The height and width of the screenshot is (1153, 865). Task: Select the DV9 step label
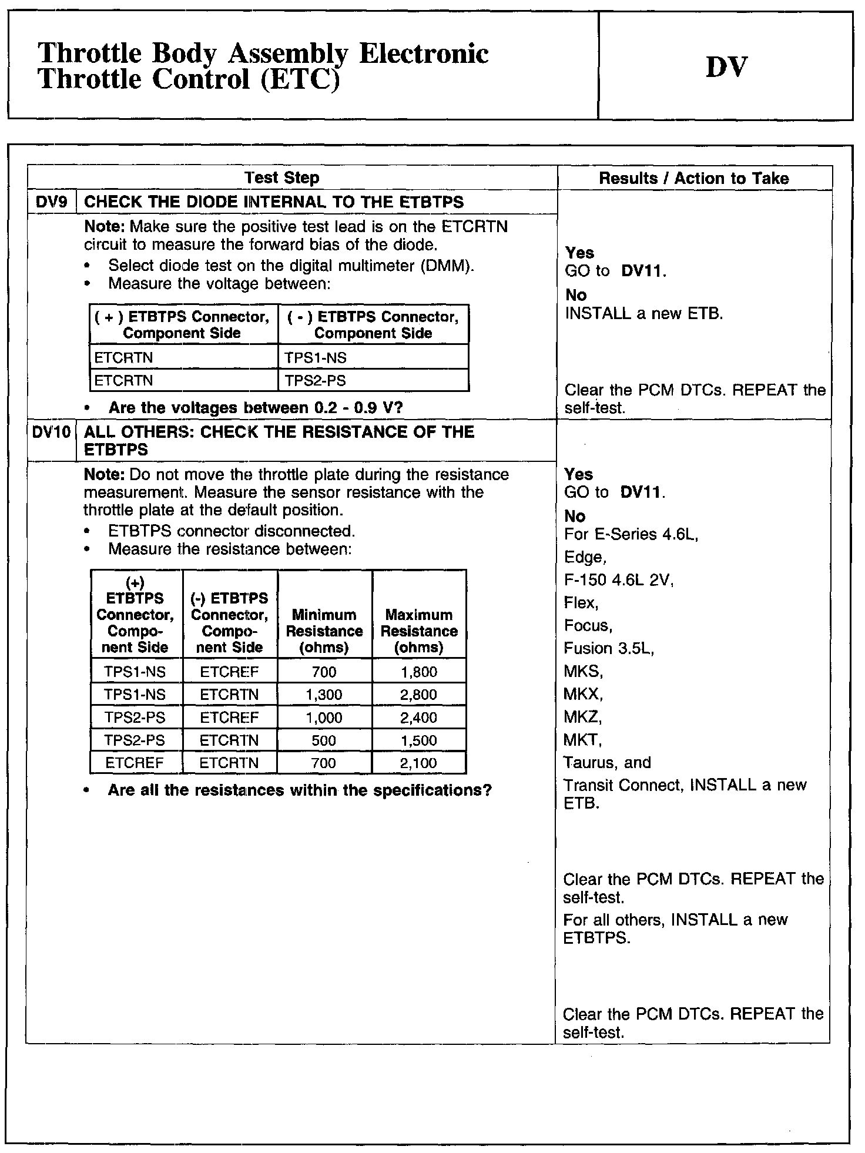coord(52,202)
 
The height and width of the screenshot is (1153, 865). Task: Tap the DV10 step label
coord(52,433)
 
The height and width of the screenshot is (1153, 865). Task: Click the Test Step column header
coord(281,177)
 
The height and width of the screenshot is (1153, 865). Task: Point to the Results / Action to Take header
coord(693,178)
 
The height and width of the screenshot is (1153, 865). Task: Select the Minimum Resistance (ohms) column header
coord(324,631)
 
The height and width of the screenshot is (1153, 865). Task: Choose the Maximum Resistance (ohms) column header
coord(419,631)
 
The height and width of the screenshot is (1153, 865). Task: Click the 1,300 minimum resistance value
coord(324,695)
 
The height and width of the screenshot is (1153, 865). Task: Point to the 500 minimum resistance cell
coord(324,740)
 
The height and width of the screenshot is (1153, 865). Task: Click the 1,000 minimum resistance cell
coord(324,718)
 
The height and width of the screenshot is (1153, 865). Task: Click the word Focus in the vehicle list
coord(586,626)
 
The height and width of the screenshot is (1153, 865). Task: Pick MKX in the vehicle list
coord(582,694)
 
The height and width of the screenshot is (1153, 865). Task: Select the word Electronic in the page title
coord(423,54)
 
